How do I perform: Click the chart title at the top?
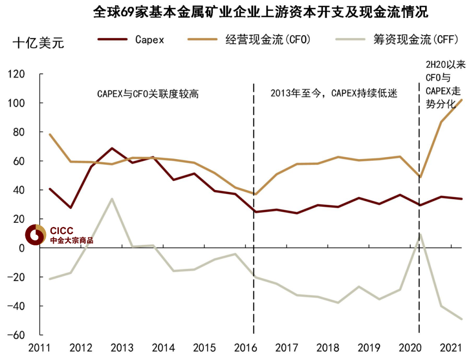[x=260, y=12]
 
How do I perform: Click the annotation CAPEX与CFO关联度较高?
[x=147, y=94]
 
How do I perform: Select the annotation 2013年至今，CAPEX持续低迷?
[x=334, y=94]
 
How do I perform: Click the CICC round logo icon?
[x=35, y=235]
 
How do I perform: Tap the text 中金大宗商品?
[x=72, y=241]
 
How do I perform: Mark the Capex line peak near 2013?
[x=112, y=148]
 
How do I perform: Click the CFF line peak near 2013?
[x=112, y=199]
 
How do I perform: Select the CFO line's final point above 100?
[x=462, y=100]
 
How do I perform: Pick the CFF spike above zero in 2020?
[x=420, y=234]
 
